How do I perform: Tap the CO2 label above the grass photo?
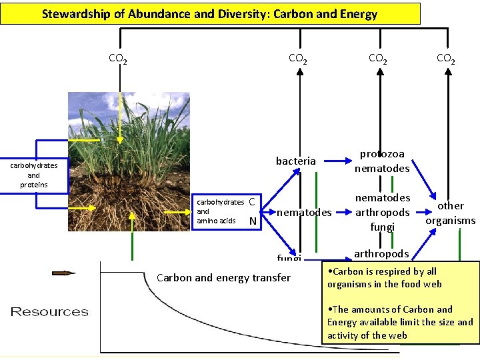(118, 59)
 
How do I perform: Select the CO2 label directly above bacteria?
(297, 59)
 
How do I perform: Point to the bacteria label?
(296, 161)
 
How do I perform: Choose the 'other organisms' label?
(451, 213)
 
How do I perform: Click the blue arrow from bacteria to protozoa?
(337, 161)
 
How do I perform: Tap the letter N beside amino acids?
(252, 221)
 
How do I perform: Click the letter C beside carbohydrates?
(251, 202)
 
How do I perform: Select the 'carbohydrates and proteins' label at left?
(33, 175)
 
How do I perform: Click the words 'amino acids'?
(216, 220)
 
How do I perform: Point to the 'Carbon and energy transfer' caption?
(223, 277)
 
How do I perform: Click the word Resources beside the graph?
(49, 311)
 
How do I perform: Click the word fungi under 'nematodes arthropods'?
(383, 227)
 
